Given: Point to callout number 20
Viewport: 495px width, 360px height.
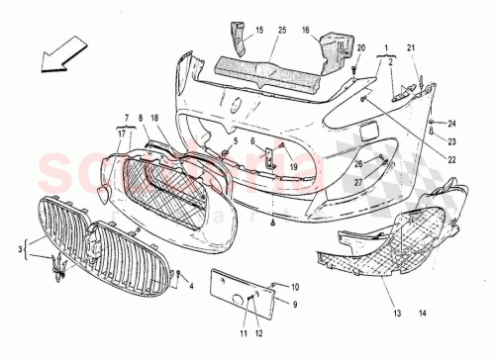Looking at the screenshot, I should [x=360, y=48].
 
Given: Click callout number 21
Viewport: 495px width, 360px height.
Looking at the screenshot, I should [x=412, y=48].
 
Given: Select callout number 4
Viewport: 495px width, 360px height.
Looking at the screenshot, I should [x=191, y=287].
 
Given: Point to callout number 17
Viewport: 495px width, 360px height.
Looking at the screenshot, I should [x=122, y=133].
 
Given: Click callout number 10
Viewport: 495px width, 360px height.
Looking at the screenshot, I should [x=268, y=287].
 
